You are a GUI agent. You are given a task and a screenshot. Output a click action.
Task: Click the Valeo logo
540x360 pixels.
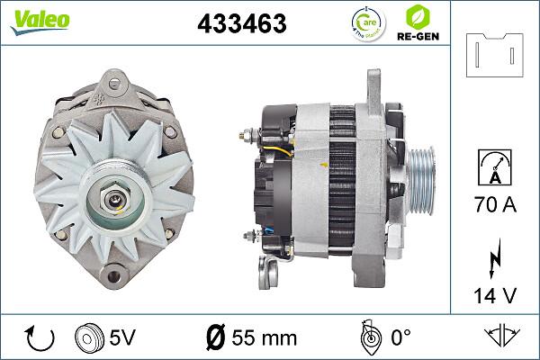point(40,21)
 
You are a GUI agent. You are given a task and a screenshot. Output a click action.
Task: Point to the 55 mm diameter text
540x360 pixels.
point(251,338)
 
